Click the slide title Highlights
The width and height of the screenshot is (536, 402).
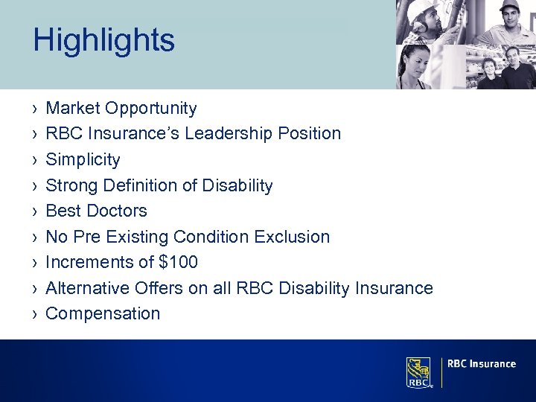coord(103,40)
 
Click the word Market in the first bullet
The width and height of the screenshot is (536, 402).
coord(73,109)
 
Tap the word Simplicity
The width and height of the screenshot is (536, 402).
coord(83,159)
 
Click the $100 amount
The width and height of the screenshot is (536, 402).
coord(176,262)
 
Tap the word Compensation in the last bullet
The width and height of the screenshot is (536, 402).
coord(103,313)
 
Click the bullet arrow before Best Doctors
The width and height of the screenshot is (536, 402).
coord(36,211)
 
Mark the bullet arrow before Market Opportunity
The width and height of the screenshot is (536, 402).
coord(36,109)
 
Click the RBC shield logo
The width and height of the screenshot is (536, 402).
coord(418,372)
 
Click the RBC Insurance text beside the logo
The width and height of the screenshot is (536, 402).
coord(482,364)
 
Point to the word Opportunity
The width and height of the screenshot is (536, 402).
coord(151,109)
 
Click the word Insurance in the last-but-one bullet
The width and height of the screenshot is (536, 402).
coord(395,288)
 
